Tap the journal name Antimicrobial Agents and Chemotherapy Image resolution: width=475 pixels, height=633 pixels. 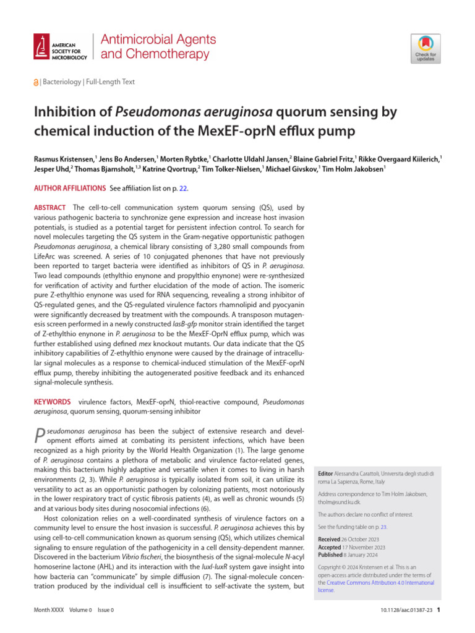(158, 46)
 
